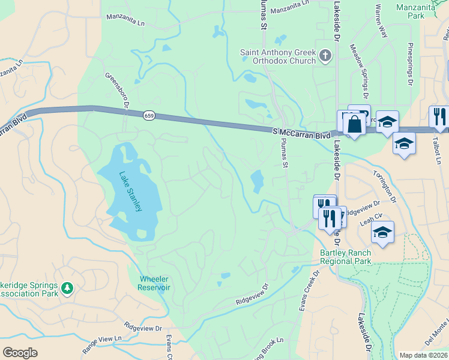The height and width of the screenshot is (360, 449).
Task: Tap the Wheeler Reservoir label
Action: pos(155,283)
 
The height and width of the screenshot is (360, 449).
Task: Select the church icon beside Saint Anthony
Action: pos(325,56)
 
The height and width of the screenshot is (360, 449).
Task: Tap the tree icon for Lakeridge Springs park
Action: pos(67,289)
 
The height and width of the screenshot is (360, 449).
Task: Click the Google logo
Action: pos(20,353)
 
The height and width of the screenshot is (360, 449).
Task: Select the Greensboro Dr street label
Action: pos(118,93)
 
